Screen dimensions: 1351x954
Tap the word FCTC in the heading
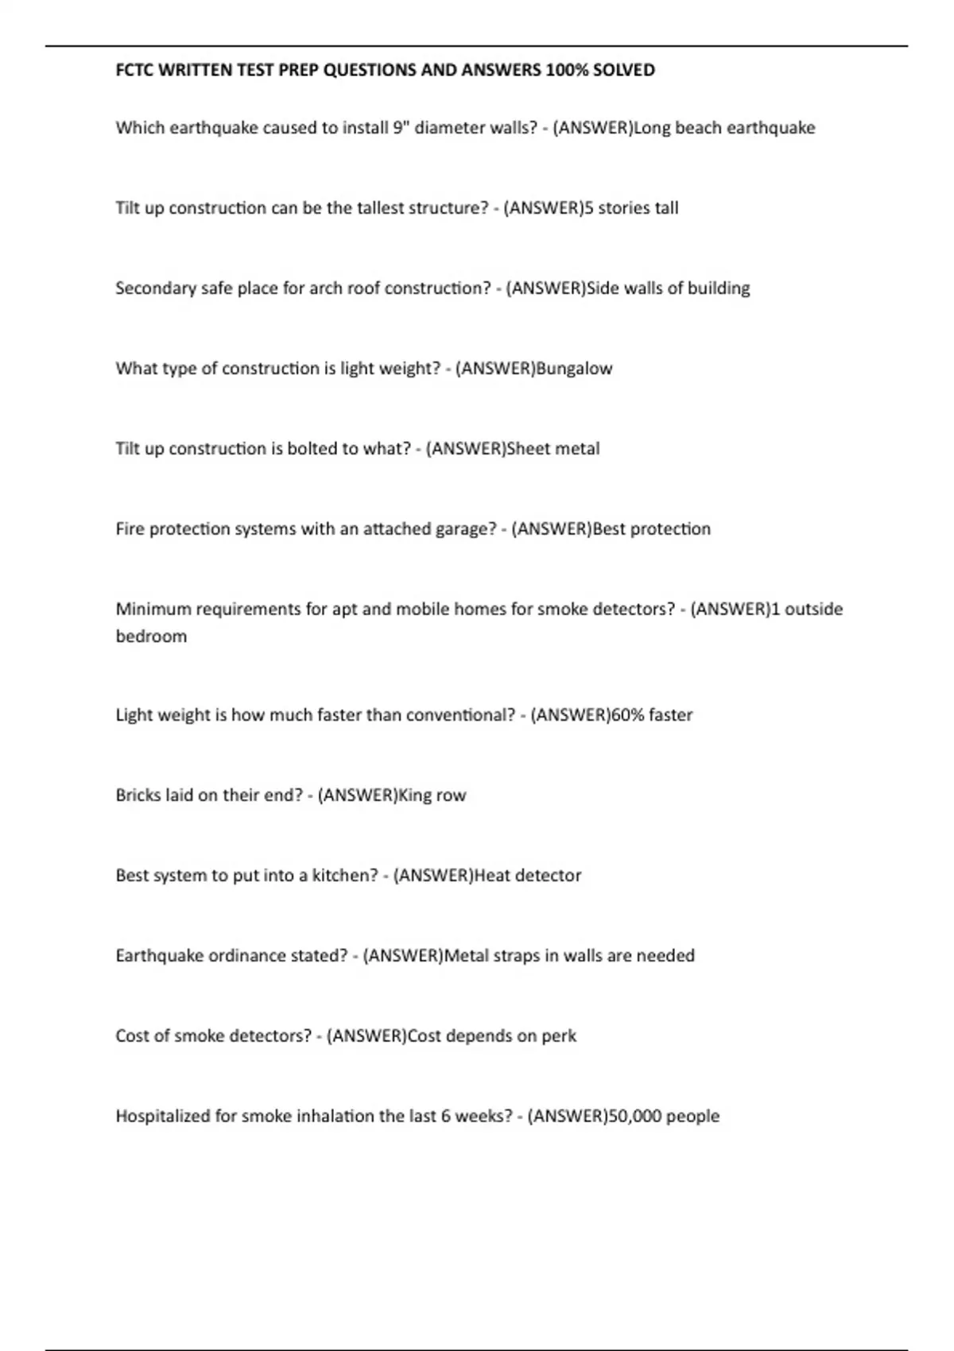[135, 70]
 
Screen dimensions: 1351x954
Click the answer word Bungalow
[575, 368]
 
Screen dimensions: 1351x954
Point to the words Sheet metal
[553, 448]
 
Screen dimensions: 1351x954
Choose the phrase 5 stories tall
[631, 208]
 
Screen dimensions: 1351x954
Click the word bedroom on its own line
[151, 636]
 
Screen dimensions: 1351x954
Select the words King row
[432, 795]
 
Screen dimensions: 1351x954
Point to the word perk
[559, 1036]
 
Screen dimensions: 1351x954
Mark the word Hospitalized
[163, 1116]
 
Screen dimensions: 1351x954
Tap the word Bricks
[138, 795]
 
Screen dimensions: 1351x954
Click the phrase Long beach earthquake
[724, 127]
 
